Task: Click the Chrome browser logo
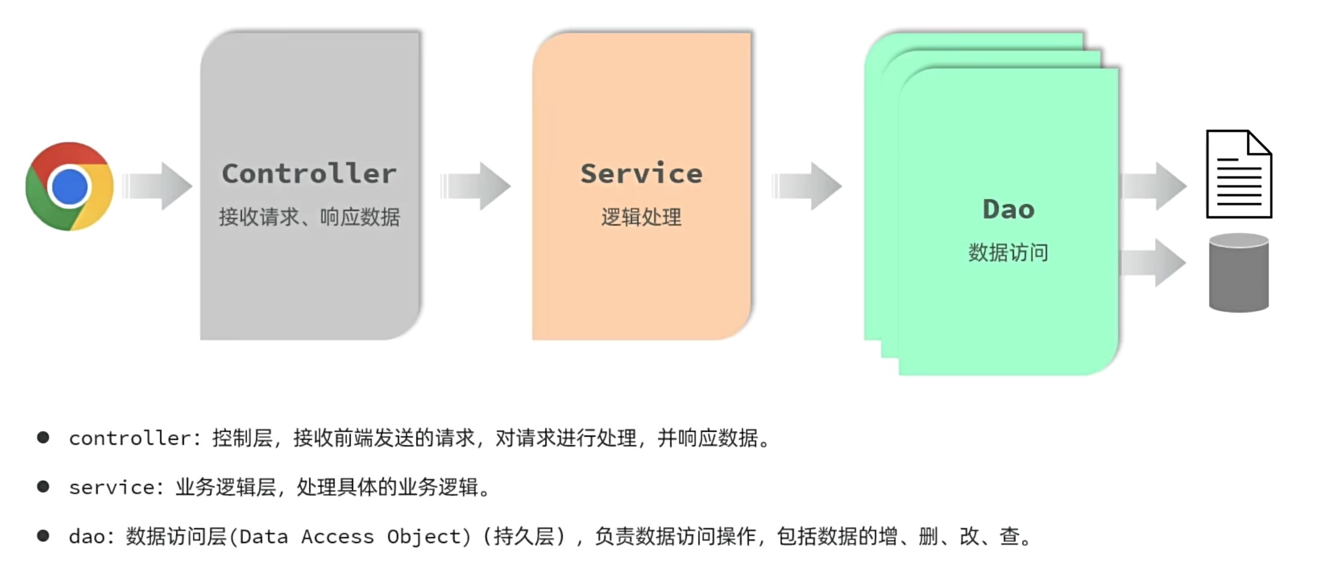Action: [x=70, y=186]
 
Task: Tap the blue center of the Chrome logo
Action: [x=70, y=186]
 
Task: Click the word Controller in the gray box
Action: [x=309, y=174]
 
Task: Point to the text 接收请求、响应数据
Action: [x=309, y=217]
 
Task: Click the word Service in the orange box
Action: [x=641, y=174]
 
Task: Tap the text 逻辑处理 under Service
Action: [x=641, y=217]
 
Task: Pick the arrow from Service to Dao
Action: [x=808, y=186]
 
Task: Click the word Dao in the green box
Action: [x=1008, y=210]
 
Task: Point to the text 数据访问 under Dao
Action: [x=1008, y=253]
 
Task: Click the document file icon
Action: [x=1239, y=174]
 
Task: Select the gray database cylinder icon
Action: [x=1238, y=273]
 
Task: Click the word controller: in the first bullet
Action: [x=135, y=438]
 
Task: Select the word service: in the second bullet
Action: [x=116, y=487]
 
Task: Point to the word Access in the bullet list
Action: [x=337, y=537]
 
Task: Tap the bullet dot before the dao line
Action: [x=43, y=536]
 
